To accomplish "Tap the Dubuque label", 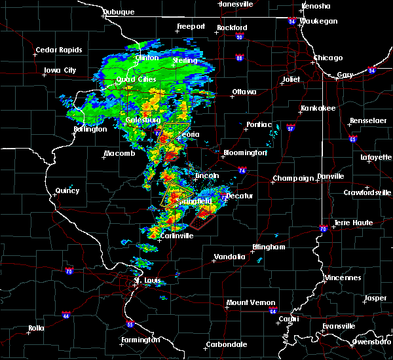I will tap(118, 12).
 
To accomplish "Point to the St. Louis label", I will tap(147, 281).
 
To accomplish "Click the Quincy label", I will tap(67, 191).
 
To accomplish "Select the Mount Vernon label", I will tap(246, 302).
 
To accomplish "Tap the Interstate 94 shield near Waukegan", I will tap(292, 21).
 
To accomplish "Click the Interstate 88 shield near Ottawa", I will tap(240, 58).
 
